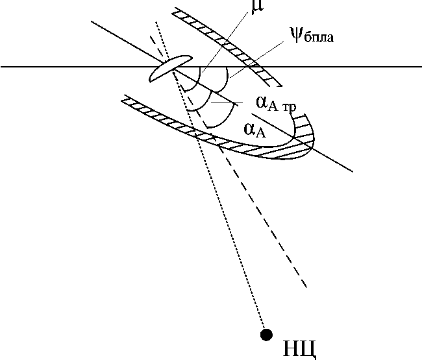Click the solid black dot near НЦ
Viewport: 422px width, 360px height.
point(266,334)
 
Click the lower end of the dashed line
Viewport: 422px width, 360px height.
point(305,287)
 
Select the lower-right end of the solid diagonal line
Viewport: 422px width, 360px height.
point(353,171)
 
